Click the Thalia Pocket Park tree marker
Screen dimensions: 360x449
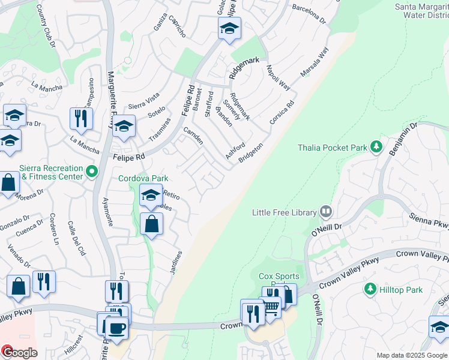click(x=376, y=147)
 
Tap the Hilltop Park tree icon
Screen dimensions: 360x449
click(x=370, y=289)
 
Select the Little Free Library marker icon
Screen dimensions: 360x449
click(x=326, y=211)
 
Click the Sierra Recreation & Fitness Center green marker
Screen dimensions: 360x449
click(x=92, y=172)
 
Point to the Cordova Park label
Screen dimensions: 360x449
click(x=143, y=178)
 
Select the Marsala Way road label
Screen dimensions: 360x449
click(x=315, y=62)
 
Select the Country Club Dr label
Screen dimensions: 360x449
click(x=46, y=26)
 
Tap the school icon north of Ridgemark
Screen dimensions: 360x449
click(x=229, y=29)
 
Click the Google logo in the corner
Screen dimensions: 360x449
click(x=19, y=352)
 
